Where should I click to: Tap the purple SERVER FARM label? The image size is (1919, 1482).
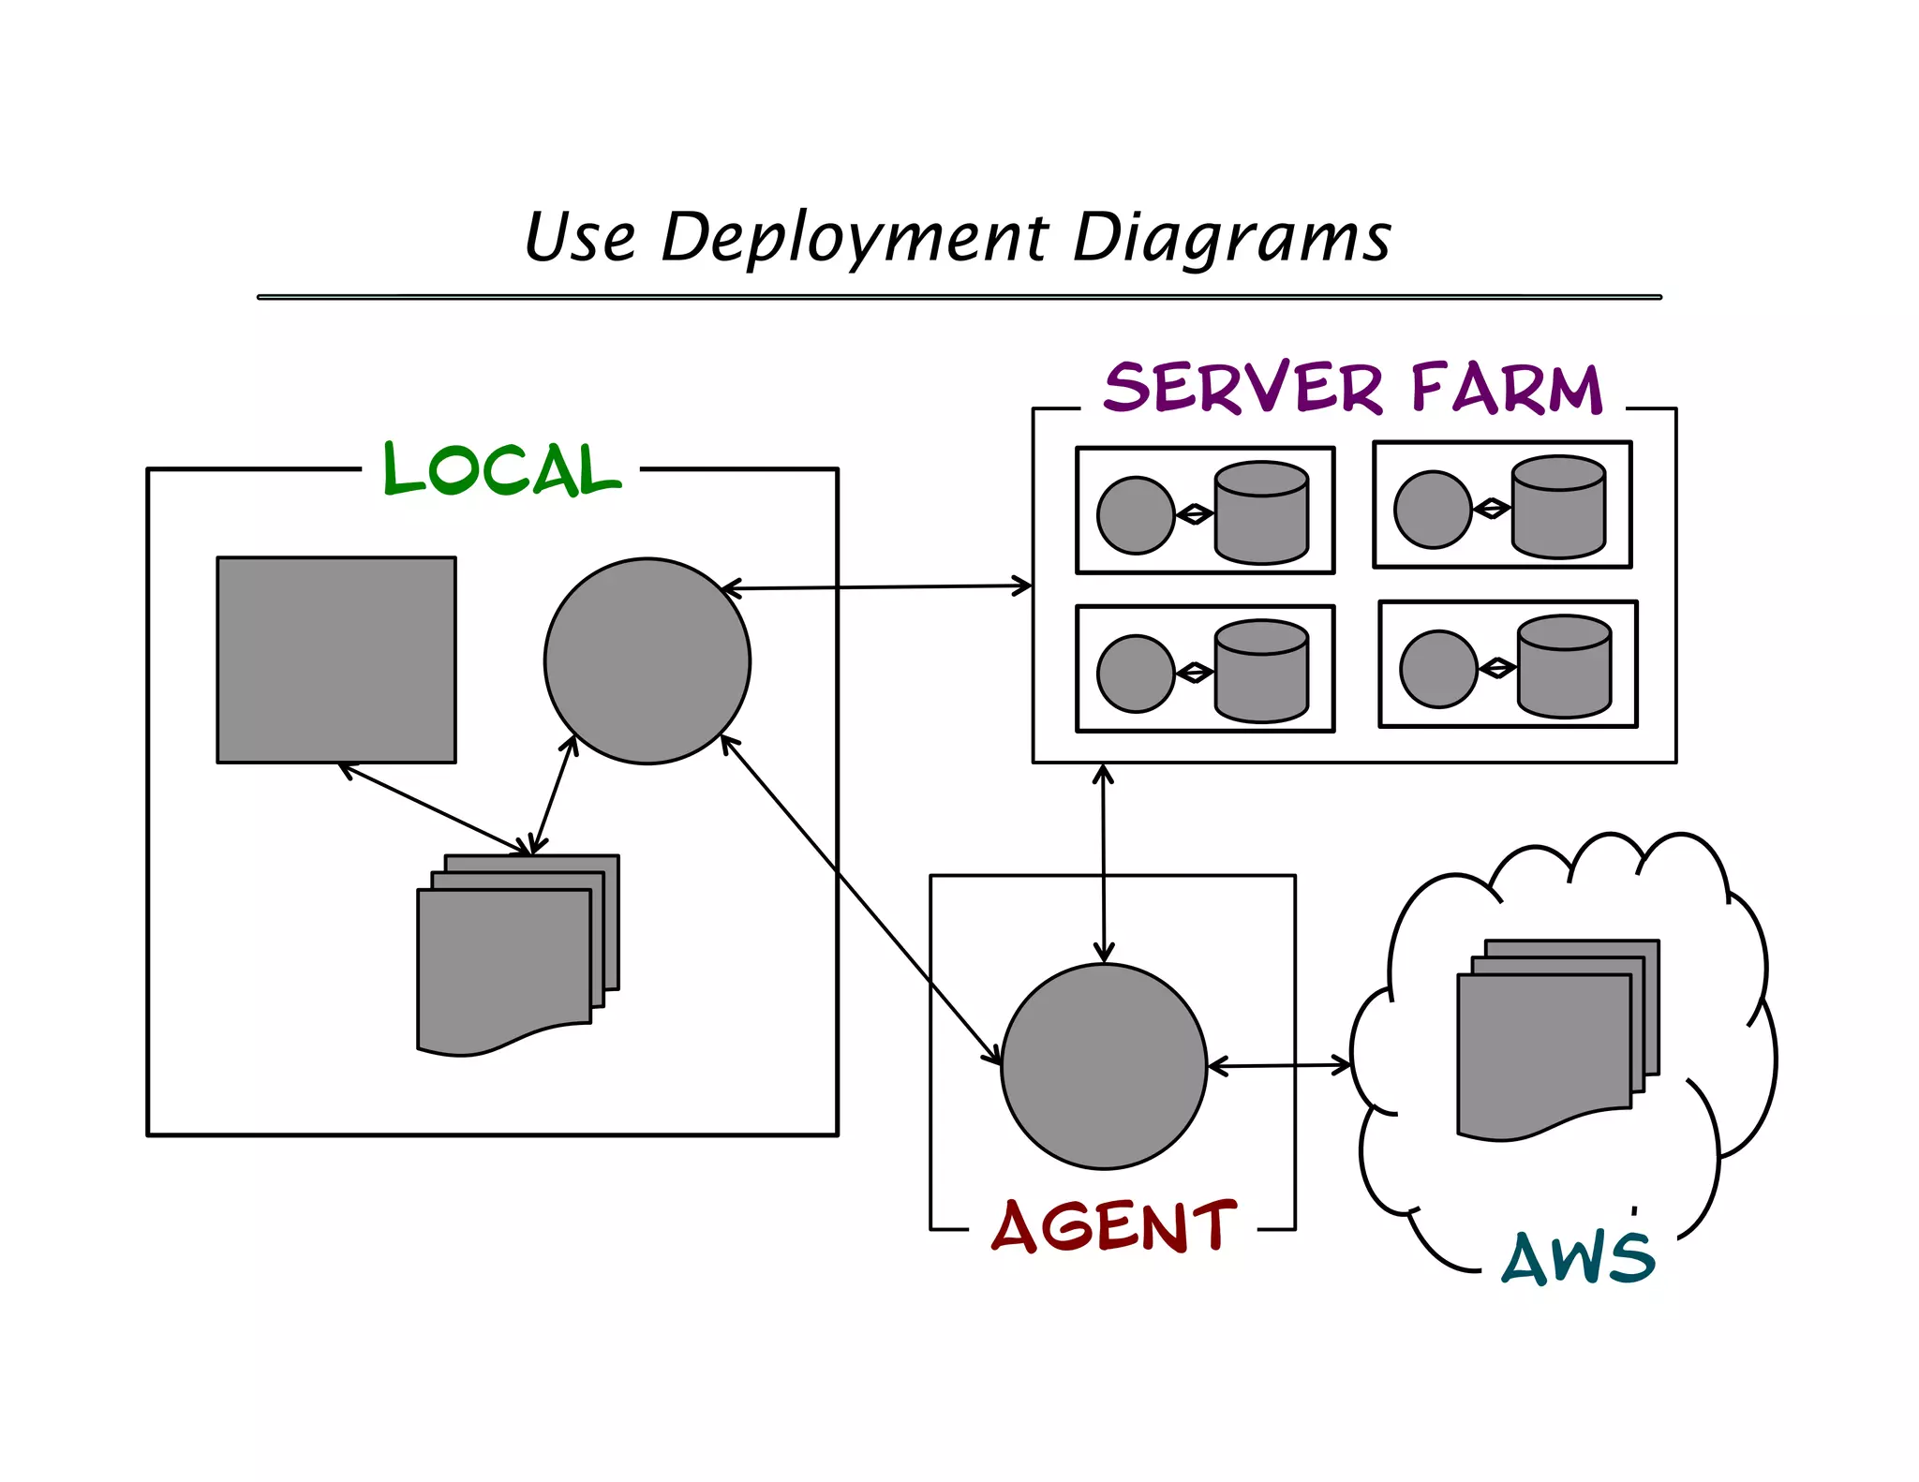coord(1353,388)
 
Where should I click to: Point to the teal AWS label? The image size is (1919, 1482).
coord(1578,1258)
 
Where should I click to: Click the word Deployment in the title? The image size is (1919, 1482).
coord(854,238)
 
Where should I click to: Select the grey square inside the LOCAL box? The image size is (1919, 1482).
coord(336,659)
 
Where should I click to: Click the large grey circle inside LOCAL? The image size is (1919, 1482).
coord(647,661)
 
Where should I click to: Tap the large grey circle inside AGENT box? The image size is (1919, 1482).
coord(1104,1066)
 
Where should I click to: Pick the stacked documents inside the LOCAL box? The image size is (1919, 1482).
coord(506,960)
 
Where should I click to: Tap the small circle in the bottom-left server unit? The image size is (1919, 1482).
coord(1136,674)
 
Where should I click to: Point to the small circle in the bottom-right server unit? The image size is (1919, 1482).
coord(1438,669)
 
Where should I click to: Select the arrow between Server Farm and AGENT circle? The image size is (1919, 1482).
coord(1104,862)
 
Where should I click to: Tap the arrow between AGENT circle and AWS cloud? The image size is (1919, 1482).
coord(1279,1065)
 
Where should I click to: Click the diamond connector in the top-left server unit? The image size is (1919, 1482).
coord(1195,514)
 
